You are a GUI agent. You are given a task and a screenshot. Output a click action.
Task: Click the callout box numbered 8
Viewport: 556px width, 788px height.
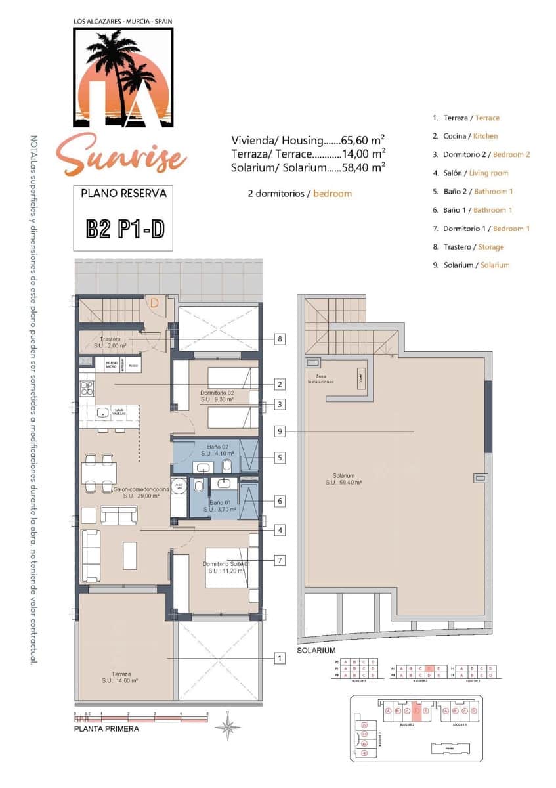tap(280, 339)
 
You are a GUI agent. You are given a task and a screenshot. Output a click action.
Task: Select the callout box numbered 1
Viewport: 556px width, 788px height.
tap(280, 658)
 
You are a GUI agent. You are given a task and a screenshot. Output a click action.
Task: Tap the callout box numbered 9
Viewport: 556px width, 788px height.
tap(280, 431)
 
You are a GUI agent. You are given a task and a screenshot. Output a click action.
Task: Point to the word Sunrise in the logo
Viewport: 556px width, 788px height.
tap(121, 154)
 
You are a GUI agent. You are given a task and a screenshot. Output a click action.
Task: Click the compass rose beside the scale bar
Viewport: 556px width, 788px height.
tap(228, 726)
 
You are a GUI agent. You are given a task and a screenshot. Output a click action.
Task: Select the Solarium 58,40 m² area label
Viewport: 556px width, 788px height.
tap(344, 479)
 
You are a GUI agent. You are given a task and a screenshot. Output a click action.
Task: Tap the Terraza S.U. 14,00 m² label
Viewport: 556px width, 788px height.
tap(119, 678)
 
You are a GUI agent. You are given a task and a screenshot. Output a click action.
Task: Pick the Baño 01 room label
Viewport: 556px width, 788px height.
tap(216, 505)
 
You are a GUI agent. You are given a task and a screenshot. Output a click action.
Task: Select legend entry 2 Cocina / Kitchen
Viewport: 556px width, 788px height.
tap(465, 136)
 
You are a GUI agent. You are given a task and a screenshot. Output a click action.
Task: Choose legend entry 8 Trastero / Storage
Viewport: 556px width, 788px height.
tap(468, 247)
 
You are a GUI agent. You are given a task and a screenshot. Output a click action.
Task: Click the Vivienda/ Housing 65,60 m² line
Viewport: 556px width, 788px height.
tap(307, 140)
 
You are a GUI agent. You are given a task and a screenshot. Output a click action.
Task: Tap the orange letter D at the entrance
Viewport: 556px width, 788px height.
tap(154, 303)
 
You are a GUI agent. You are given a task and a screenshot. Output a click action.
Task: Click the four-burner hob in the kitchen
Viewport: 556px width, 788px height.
tap(87, 388)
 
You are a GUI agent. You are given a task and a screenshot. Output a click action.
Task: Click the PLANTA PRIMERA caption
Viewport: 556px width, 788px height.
tap(106, 728)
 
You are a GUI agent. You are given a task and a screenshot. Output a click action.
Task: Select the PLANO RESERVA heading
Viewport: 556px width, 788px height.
tap(123, 194)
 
